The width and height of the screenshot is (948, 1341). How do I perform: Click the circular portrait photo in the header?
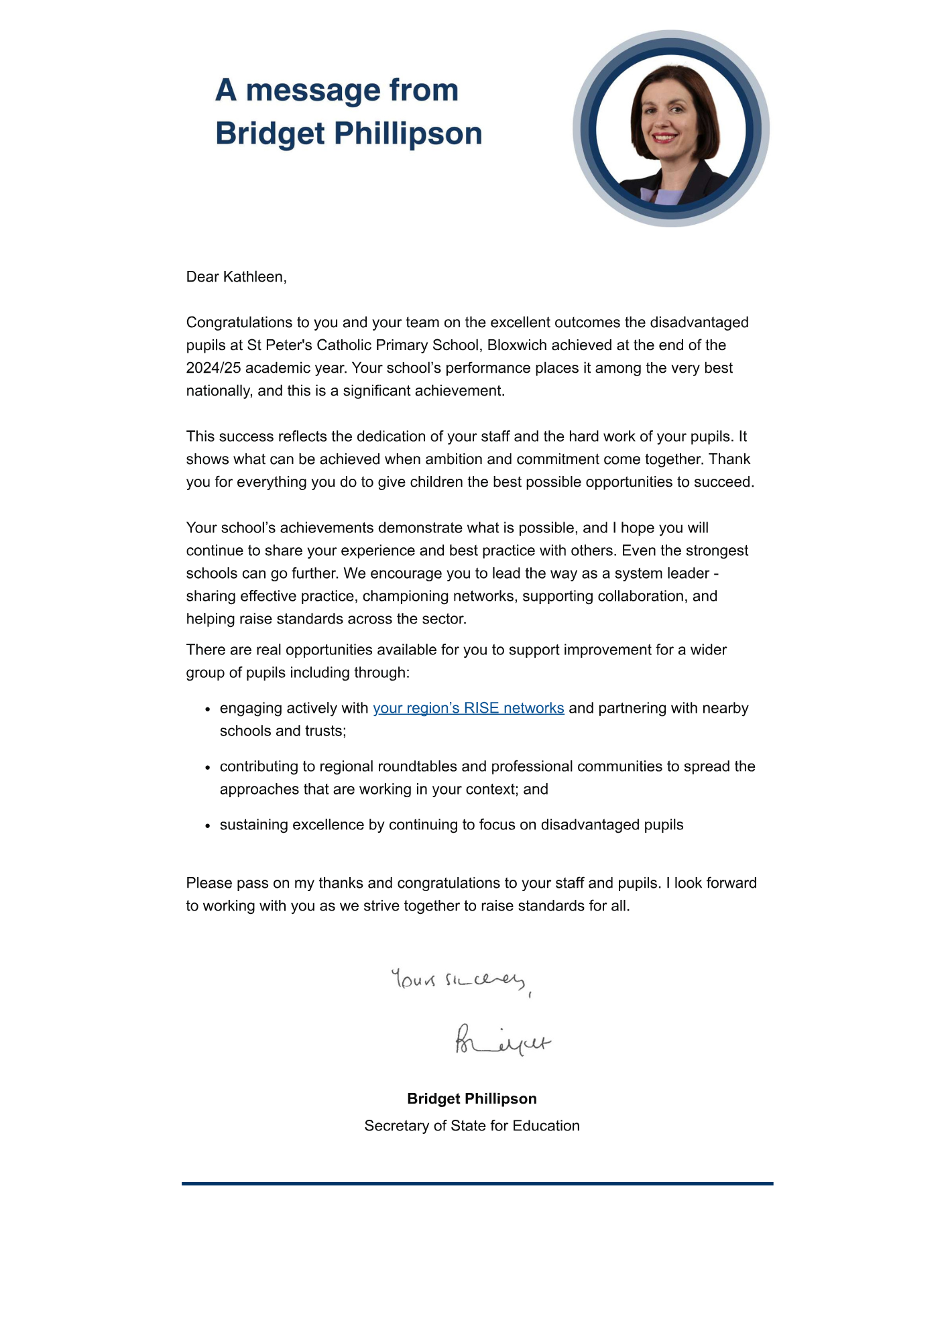[670, 129]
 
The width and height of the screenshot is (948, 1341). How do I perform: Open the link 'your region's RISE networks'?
[468, 708]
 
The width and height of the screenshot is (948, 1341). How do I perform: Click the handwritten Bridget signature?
[502, 1041]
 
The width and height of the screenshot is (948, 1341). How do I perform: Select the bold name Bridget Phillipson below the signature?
[472, 1098]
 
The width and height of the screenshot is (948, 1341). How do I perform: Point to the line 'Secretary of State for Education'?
[472, 1126]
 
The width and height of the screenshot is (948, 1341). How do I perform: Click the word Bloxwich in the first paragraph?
[517, 345]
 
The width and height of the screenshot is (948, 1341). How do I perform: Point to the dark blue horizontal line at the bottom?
[477, 1183]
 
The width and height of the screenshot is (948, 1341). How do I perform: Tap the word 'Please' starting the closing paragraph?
[209, 883]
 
